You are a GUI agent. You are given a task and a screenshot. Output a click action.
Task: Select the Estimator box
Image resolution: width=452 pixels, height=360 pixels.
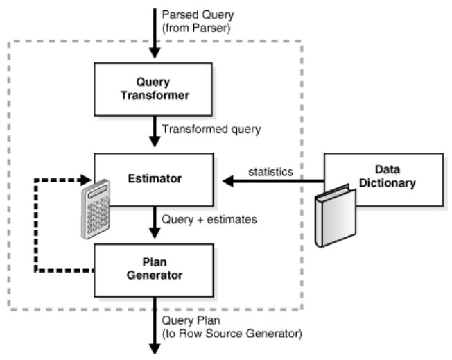point(154,178)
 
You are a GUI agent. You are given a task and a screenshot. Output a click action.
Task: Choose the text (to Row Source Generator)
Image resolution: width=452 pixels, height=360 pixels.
point(231,334)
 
